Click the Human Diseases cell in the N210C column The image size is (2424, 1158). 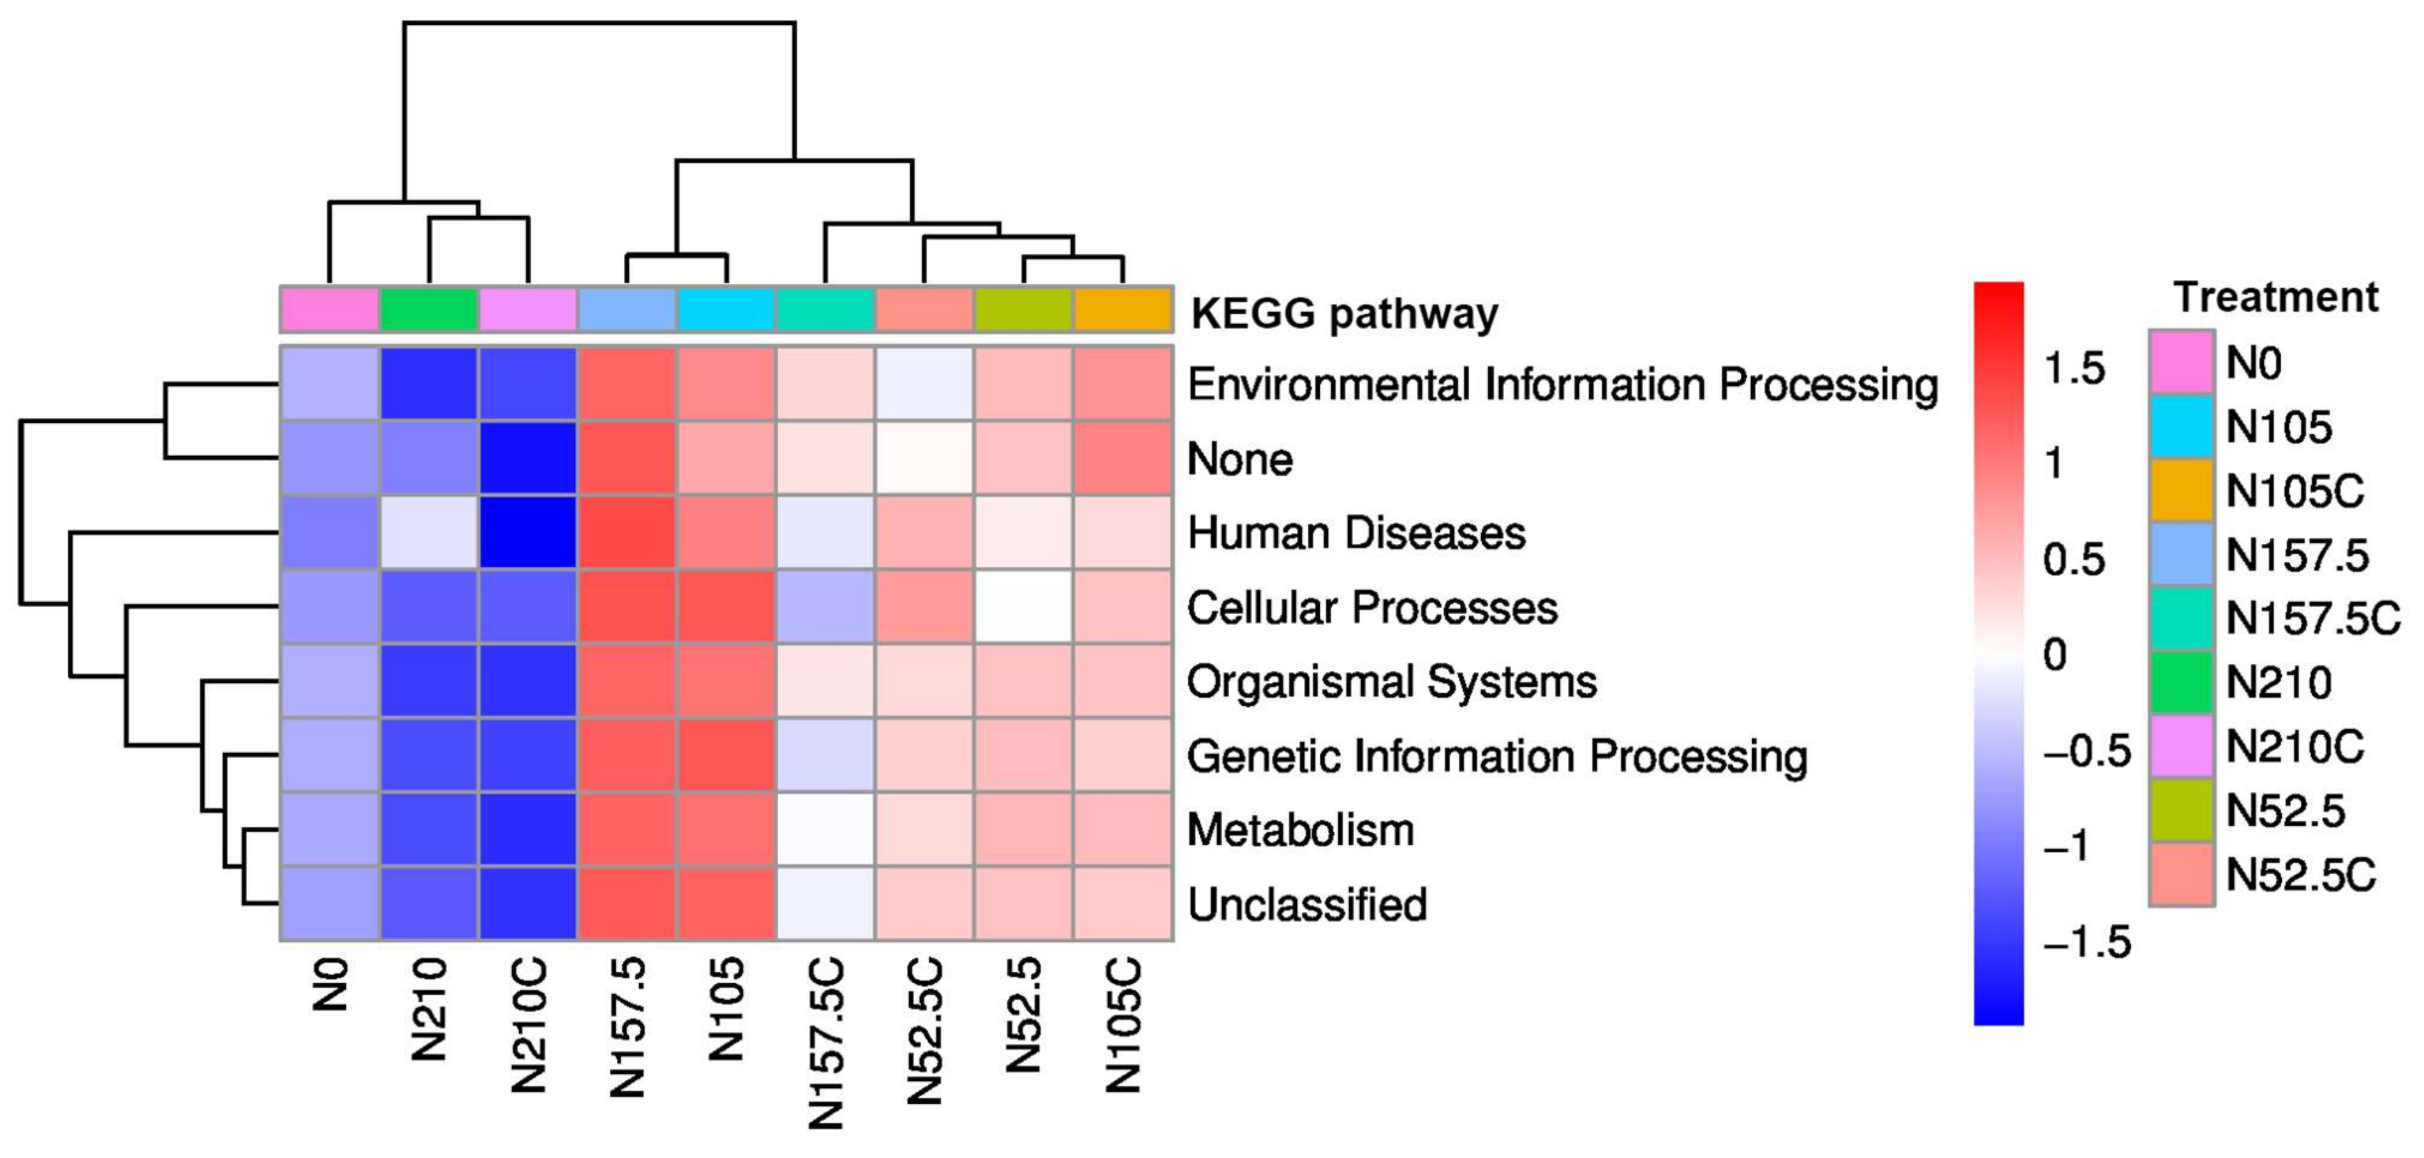pyautogui.click(x=528, y=532)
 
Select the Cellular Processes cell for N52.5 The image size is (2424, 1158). pyautogui.click(x=1024, y=607)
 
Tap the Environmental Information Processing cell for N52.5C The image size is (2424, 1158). pyautogui.click(x=924, y=384)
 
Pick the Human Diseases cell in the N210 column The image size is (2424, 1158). pyautogui.click(x=429, y=532)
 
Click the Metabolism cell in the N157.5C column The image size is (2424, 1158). pyautogui.click(x=825, y=829)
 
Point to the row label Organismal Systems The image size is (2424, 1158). pyautogui.click(x=1391, y=681)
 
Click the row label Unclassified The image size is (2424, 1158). pyautogui.click(x=1306, y=904)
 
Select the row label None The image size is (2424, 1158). pyautogui.click(x=1239, y=459)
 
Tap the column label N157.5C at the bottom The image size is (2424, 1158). pyautogui.click(x=826, y=1043)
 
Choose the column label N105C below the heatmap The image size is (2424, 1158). pyautogui.click(x=1123, y=1025)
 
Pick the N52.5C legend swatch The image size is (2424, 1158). pyautogui.click(x=2181, y=874)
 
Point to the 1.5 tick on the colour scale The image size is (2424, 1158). pyautogui.click(x=2074, y=368)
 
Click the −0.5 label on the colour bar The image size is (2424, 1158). pyautogui.click(x=2086, y=751)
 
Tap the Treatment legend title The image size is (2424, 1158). pyautogui.click(x=2275, y=297)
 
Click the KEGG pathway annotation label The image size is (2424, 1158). pyautogui.click(x=1344, y=313)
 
